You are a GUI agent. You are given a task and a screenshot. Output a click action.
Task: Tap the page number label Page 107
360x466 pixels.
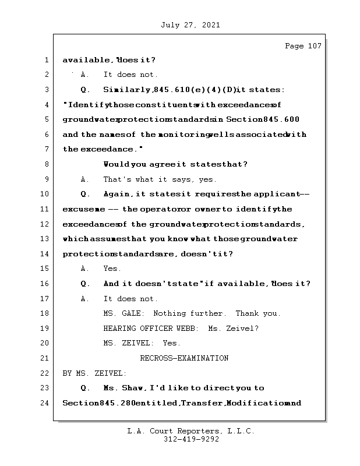pos(302,46)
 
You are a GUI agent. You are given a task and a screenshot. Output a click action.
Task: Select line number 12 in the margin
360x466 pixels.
pos(45,224)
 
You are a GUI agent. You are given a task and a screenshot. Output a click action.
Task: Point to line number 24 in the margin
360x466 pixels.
pos(45,403)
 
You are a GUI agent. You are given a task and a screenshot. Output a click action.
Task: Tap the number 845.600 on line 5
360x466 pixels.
pos(282,119)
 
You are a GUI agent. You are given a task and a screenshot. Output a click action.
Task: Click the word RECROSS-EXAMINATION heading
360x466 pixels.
pos(184,358)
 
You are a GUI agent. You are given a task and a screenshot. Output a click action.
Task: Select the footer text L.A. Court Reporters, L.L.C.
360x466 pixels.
pos(191,431)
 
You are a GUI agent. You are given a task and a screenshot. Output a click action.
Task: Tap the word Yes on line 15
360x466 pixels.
pos(112,269)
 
